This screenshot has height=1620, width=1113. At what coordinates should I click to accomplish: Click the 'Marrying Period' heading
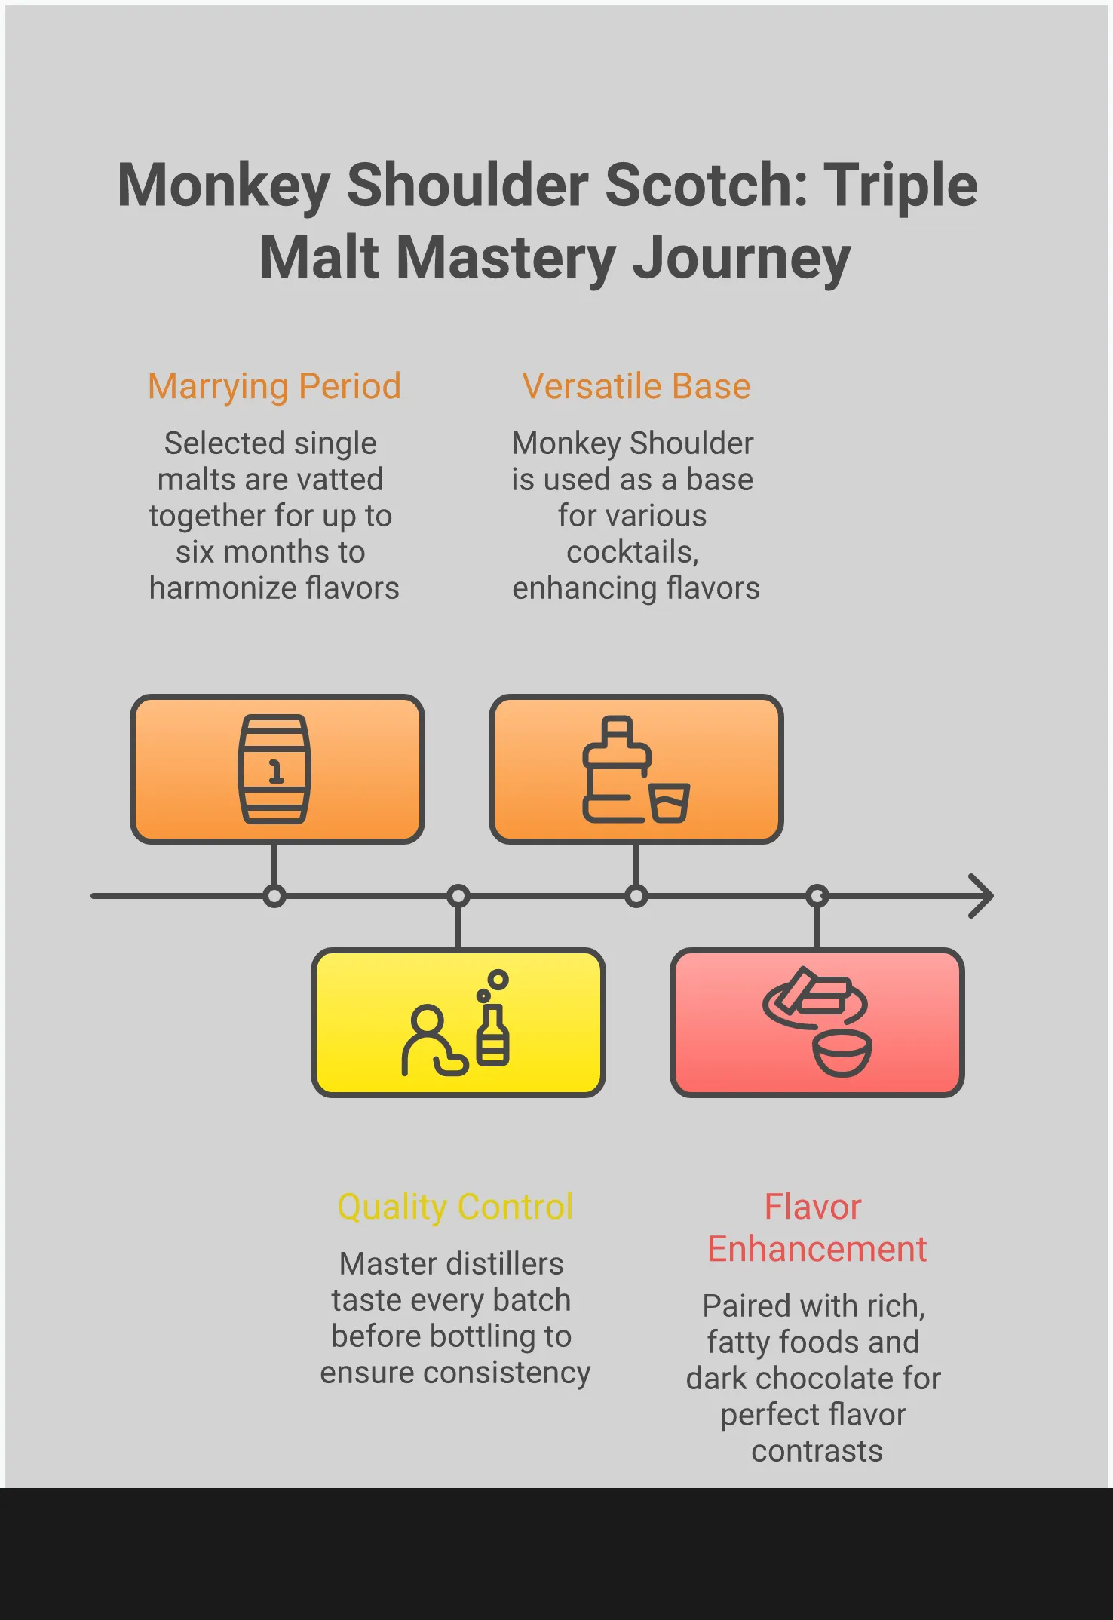click(x=274, y=387)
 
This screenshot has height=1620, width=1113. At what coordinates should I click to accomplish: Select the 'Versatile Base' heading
click(x=636, y=387)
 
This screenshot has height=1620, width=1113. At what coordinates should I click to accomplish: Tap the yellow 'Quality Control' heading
click(x=455, y=1207)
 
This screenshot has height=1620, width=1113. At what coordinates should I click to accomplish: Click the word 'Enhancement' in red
click(x=817, y=1250)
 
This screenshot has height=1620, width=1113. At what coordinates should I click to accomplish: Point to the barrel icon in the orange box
click(x=274, y=769)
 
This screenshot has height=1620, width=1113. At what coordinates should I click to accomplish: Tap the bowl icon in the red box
click(x=842, y=1053)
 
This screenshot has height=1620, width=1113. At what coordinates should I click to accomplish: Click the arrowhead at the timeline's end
click(x=982, y=896)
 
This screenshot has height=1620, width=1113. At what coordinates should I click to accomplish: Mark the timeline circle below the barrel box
click(x=274, y=896)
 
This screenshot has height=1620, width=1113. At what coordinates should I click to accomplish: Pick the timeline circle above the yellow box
click(x=458, y=896)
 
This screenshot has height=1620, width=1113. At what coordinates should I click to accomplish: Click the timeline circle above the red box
click(x=817, y=896)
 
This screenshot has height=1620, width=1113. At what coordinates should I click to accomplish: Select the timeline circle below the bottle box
click(x=636, y=896)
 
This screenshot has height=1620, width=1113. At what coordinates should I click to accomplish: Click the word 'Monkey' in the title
click(x=224, y=186)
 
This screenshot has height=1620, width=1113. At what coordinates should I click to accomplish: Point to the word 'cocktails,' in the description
click(x=633, y=553)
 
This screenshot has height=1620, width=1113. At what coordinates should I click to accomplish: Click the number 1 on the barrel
click(x=276, y=772)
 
